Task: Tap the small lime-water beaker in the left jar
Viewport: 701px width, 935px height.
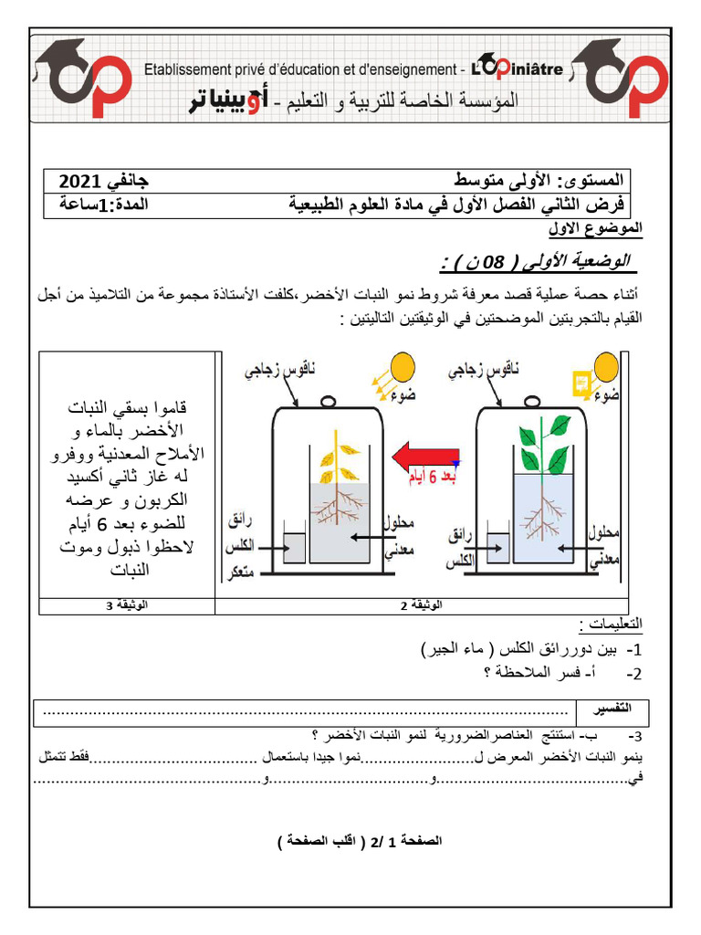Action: click(293, 546)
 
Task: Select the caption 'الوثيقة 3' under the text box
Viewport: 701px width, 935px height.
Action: click(126, 605)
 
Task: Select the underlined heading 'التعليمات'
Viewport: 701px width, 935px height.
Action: click(611, 626)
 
